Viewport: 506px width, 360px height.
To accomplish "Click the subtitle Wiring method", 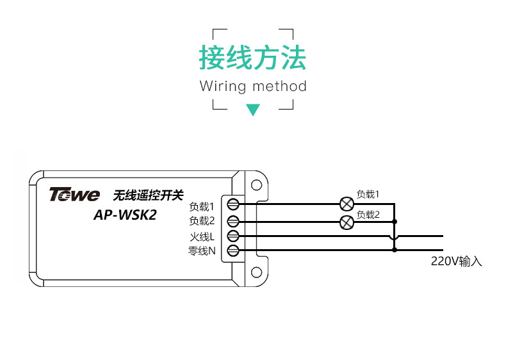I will pyautogui.click(x=253, y=86).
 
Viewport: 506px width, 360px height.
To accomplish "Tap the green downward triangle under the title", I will pyautogui.click(x=253, y=110).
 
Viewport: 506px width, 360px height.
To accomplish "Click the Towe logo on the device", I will pyautogui.click(x=74, y=194).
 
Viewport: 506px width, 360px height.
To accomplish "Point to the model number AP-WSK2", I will pyautogui.click(x=125, y=215).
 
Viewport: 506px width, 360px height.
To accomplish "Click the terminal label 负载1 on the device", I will pyautogui.click(x=201, y=207).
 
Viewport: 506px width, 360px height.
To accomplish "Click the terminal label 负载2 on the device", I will pyautogui.click(x=201, y=221).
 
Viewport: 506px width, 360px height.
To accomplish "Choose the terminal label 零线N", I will pyautogui.click(x=202, y=251).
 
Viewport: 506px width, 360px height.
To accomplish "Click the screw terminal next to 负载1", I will pyautogui.click(x=234, y=205).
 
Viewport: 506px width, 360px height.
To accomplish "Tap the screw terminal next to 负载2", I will pyautogui.click(x=234, y=221).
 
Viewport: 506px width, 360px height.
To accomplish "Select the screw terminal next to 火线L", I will pyautogui.click(x=234, y=236).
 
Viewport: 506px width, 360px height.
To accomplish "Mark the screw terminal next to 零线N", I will pyautogui.click(x=234, y=250).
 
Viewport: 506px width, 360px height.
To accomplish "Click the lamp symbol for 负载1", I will pyautogui.click(x=347, y=204).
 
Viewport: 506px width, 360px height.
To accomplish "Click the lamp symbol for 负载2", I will pyautogui.click(x=347, y=222).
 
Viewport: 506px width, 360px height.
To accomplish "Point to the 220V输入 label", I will pyautogui.click(x=456, y=261).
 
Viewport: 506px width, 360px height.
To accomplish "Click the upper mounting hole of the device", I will pyautogui.click(x=256, y=185).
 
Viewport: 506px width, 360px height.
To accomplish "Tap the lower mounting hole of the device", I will pyautogui.click(x=256, y=273).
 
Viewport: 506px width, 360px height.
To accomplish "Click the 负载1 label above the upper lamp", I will pyautogui.click(x=368, y=194).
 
